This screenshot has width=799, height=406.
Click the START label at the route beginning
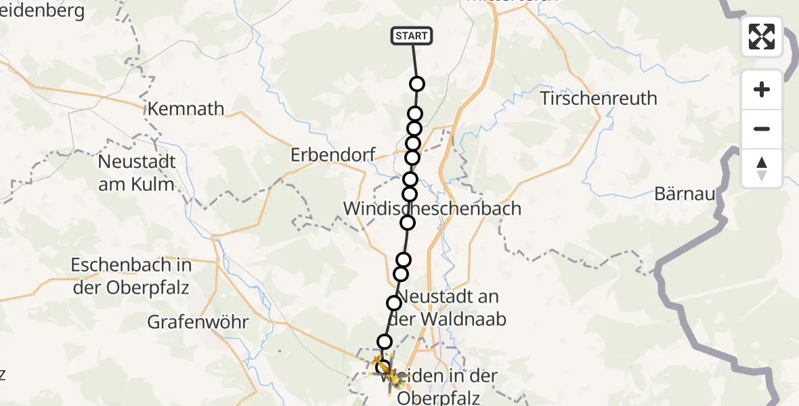point(411,36)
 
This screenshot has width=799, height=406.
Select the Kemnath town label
point(186,108)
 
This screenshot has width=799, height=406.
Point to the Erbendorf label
point(332,155)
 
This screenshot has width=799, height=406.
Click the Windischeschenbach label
point(433,208)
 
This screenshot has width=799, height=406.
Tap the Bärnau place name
point(685,194)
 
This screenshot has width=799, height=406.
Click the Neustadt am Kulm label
point(137,173)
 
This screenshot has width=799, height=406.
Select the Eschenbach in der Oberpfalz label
point(131,275)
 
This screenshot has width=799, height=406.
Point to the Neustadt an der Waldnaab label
point(451,308)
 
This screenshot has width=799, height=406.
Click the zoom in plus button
point(762,89)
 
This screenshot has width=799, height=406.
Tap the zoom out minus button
point(762,129)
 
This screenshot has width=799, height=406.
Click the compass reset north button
point(762,168)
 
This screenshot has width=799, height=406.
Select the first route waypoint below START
point(417,84)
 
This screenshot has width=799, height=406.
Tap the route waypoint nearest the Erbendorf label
point(412,158)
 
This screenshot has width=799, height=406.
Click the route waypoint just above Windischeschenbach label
point(410,194)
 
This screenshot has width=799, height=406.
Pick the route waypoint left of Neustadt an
point(394,302)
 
